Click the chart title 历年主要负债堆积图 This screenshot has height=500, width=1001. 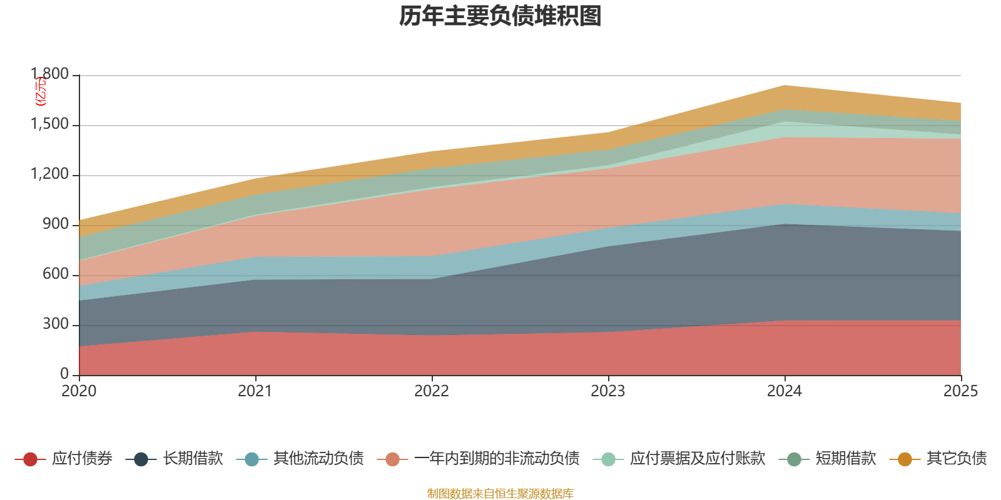coord(500,16)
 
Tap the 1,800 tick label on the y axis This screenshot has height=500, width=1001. coord(50,74)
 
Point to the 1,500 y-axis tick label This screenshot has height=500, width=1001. coord(50,124)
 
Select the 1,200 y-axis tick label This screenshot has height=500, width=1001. coord(50,174)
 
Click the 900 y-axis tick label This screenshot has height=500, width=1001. coord(56,224)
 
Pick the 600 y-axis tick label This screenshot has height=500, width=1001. coord(56,274)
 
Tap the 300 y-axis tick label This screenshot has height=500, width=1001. coord(56,324)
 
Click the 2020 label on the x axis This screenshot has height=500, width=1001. coord(79,391)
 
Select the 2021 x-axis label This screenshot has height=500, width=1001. coord(255,391)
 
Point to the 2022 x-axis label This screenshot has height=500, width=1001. coord(432,391)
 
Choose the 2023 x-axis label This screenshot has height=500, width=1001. coord(608,391)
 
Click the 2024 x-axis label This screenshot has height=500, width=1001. coord(785,391)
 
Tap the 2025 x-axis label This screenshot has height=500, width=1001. coord(960,391)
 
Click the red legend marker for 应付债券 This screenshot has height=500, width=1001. coord(30,459)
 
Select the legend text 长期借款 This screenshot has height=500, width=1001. coord(193,459)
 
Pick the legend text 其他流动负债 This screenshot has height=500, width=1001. coord(318,459)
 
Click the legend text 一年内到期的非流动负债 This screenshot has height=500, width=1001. coord(497,459)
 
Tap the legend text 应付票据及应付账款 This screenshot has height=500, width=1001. coord(698,459)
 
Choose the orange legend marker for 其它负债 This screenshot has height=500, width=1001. coord(905,459)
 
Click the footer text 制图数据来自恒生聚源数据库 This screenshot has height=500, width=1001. coord(500,494)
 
